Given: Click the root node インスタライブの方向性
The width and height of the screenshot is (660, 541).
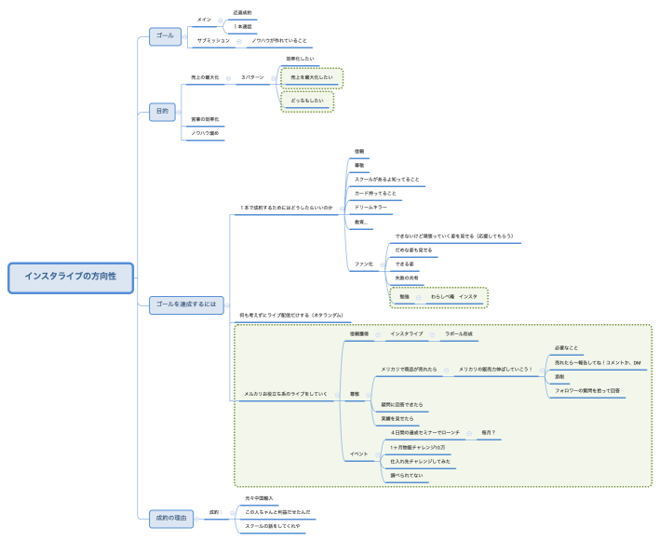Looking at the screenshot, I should coord(71,277).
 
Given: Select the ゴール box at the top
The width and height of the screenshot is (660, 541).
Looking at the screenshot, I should coord(165,35).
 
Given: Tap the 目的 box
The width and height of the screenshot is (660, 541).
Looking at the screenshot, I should coord(163,112).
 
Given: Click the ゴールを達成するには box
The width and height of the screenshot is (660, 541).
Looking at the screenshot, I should coord(186,304).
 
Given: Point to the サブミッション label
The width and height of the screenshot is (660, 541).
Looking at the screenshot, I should coord(213,41).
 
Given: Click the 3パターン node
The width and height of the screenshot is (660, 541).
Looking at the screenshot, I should coord(253,77).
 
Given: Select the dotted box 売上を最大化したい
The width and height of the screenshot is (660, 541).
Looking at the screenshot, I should coord(312,77).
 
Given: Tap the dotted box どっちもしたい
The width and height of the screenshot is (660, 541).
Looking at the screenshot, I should coord(307,101).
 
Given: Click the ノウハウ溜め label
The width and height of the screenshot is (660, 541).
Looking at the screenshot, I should coord(205,134).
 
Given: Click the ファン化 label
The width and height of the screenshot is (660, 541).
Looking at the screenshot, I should coord(363,264).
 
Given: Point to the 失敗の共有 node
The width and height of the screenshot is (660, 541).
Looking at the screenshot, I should coord(407,278).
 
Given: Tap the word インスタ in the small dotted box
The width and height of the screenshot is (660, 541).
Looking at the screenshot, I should coord(467,296).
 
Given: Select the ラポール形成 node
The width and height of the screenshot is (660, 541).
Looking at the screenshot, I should coord(459,333).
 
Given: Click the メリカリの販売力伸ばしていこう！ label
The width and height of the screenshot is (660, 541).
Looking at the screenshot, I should coord(494,370).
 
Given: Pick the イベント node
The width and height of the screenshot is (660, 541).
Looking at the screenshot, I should coord(358,454).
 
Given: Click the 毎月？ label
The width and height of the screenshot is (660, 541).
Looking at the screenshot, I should coord(488,433).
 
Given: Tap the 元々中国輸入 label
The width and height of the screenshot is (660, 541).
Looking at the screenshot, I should coord(258,499).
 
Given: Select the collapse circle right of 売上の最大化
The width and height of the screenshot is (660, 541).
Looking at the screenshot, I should coord(228,77).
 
